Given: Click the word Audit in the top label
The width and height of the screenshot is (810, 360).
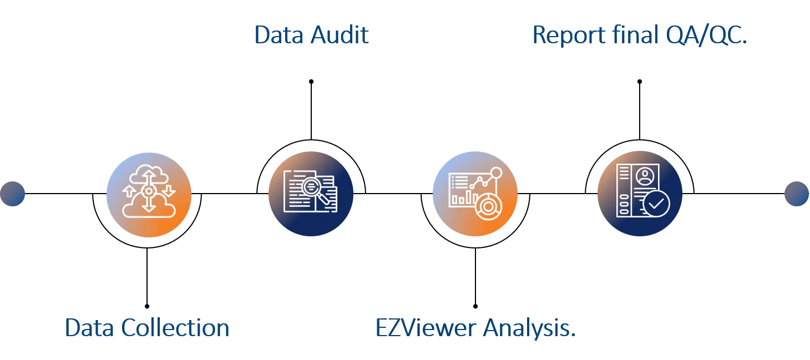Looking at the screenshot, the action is pos(340,35).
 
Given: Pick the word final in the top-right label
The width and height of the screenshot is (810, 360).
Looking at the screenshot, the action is pos(635,35).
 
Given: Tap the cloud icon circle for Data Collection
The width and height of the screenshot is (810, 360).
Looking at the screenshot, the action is pos(149,195).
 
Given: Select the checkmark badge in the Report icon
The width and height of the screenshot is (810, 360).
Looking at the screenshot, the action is pos(656,204).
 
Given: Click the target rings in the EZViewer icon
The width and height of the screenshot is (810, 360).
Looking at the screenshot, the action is pos(488,206).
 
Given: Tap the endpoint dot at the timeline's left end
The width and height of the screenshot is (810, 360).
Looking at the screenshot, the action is pos(13,194).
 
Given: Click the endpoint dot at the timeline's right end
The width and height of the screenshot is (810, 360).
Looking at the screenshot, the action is pos(797,194).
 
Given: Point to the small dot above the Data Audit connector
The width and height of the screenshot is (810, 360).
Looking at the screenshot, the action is pos(311,82).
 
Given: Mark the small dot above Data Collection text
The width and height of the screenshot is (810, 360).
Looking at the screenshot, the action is pos(147,306).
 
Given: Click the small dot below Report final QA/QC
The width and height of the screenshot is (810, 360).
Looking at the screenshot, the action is pos(639,82).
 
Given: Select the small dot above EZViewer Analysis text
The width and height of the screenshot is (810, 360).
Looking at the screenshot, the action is pos(475,306).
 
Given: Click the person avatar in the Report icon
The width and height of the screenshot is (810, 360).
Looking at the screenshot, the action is pos(645,176).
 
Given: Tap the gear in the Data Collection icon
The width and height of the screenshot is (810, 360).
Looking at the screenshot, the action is pos(148,190).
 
